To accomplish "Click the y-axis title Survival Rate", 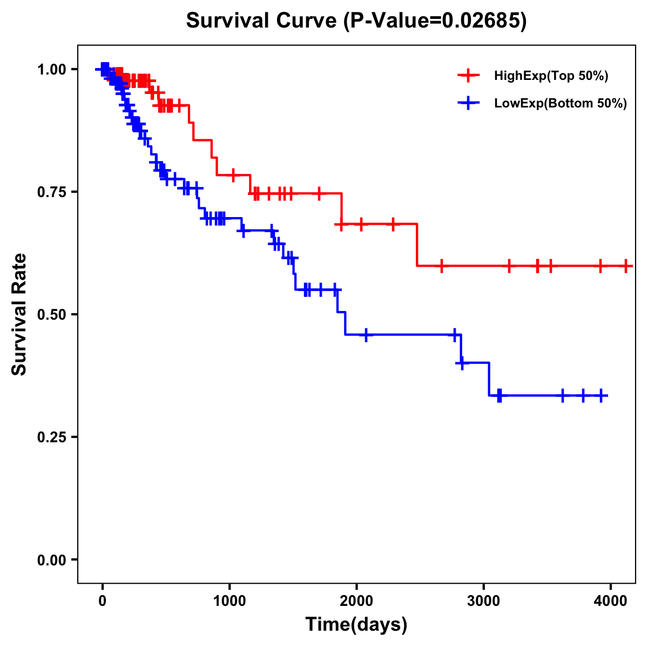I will point(19,314).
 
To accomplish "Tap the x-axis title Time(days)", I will point(356,624).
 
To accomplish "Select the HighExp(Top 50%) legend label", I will point(551,76).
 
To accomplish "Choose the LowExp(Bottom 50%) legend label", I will point(561,104).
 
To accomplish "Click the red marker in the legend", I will point(468,76).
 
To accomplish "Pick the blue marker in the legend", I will point(468,104).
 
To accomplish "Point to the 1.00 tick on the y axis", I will point(52,69).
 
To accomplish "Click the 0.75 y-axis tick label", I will point(52,192).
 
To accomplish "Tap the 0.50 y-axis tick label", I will point(52,314).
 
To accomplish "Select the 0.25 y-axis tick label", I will point(52,437).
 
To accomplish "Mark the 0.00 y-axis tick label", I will point(52,559).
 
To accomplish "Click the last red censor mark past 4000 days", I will point(625,266).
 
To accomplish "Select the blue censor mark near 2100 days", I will point(366,335).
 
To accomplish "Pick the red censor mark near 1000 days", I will point(233,175).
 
